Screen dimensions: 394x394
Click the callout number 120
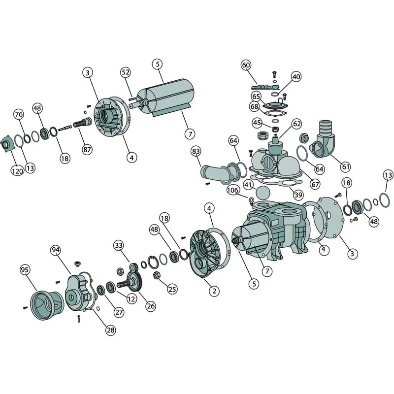(x=17, y=171)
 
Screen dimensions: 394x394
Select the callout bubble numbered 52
(x=126, y=72)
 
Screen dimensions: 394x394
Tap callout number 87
(x=87, y=150)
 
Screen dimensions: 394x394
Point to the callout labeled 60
(x=246, y=66)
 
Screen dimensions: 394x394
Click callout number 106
(x=232, y=190)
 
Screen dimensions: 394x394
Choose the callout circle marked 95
(x=25, y=270)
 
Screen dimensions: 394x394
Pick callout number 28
(x=111, y=330)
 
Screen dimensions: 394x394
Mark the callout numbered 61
(x=346, y=166)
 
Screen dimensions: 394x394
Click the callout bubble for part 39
(x=298, y=195)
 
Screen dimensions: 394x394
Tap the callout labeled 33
(x=119, y=245)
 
